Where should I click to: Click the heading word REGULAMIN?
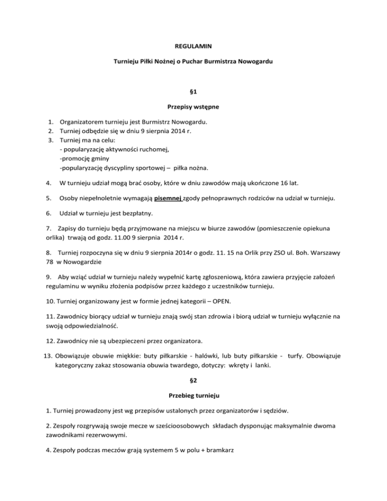(x=193, y=46)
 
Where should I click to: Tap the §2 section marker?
(x=193, y=381)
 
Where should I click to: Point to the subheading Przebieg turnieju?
(x=193, y=395)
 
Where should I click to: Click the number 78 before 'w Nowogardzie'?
(x=43, y=262)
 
